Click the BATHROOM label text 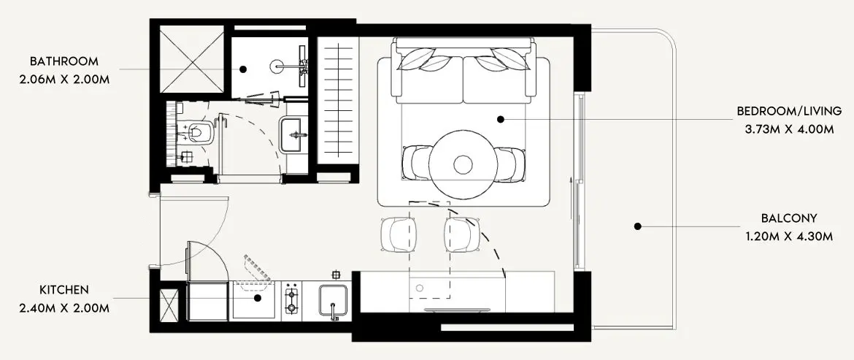[x=64, y=61]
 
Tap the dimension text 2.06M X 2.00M [x=64, y=80]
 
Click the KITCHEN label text [x=64, y=290]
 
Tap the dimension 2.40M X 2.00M [x=64, y=308]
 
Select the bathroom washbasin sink [x=293, y=134]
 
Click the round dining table [x=463, y=164]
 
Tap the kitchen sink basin [x=333, y=300]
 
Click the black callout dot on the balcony [x=637, y=226]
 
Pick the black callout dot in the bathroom [x=243, y=69]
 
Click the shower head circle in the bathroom [x=277, y=66]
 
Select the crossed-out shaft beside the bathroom [x=192, y=59]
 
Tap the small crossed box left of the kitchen [x=169, y=306]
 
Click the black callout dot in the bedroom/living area [x=501, y=119]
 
